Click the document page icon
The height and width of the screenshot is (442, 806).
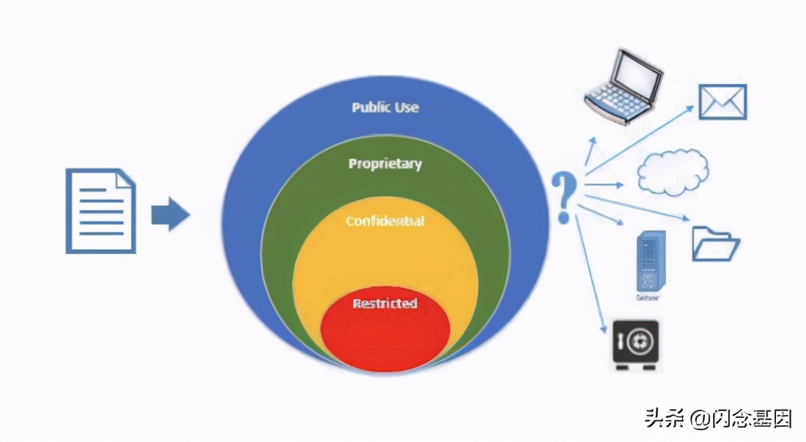click(100, 211)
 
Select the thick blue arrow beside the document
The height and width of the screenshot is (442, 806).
click(170, 214)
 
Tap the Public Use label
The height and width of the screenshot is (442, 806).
click(385, 107)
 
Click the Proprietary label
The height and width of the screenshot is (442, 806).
click(385, 163)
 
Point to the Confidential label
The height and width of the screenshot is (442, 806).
click(385, 220)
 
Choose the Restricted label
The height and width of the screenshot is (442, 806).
click(385, 303)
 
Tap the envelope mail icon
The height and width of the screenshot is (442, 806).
click(722, 102)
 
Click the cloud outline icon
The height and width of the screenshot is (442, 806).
click(673, 173)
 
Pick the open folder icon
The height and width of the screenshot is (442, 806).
click(715, 244)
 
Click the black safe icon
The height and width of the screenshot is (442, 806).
click(635, 343)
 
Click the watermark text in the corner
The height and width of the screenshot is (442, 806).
click(718, 419)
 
